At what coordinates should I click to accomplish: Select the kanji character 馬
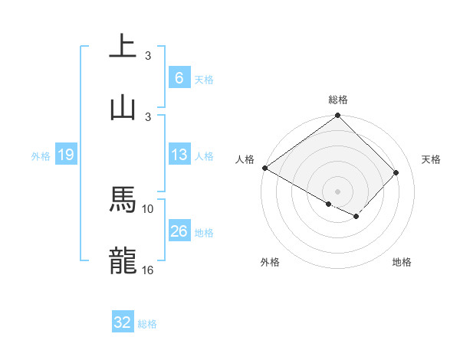point(123,200)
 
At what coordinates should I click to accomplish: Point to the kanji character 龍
point(123,261)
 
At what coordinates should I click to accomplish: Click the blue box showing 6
point(179,78)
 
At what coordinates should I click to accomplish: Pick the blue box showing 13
point(179,155)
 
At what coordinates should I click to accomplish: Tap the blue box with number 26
point(179,231)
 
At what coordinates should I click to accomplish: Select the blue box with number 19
point(65,155)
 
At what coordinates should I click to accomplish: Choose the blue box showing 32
point(123,322)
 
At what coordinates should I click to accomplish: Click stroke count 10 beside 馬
point(148,208)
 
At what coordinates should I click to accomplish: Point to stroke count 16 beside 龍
point(148,270)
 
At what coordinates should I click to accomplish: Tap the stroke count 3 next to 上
point(148,56)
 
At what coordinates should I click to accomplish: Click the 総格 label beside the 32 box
point(147,324)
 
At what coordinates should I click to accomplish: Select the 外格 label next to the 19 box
point(41,156)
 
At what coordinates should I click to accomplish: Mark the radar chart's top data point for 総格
point(337,116)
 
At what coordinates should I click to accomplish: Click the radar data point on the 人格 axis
point(264,168)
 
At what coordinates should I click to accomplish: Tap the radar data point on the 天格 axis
point(396,172)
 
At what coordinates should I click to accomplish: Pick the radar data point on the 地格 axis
point(356,217)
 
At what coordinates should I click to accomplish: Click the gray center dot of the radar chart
point(337,191)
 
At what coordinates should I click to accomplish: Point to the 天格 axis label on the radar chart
point(432,159)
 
